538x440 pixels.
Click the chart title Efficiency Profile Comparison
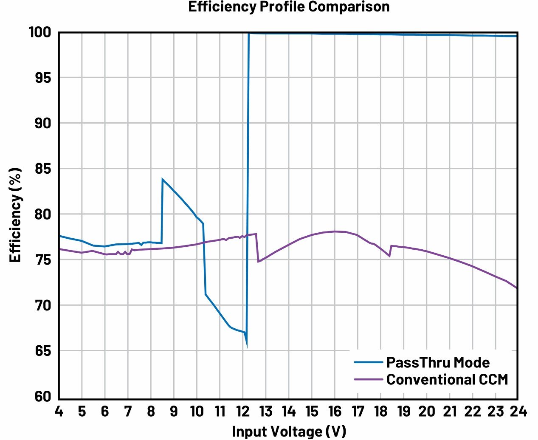(289, 7)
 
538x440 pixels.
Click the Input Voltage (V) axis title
(289, 431)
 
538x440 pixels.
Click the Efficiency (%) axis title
(15, 215)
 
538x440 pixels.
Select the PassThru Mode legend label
(437, 362)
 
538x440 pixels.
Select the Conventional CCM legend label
(447, 379)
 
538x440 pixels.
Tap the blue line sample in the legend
(369, 362)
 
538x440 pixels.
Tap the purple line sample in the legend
(369, 379)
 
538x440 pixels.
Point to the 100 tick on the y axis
(40, 32)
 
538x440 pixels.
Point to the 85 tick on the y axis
(42, 169)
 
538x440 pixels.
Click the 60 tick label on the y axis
(42, 396)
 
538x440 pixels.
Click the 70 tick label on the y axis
(42, 305)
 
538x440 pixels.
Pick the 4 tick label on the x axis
(59, 411)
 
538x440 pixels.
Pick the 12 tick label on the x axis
(242, 411)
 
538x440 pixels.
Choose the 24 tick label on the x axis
(517, 411)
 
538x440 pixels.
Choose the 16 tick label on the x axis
(334, 411)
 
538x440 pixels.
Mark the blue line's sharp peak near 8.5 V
(163, 179)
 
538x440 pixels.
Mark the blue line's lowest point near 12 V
(246, 346)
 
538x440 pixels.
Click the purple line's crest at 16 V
(335, 231)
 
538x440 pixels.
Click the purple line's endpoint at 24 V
(517, 288)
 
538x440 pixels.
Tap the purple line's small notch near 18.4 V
(389, 256)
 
